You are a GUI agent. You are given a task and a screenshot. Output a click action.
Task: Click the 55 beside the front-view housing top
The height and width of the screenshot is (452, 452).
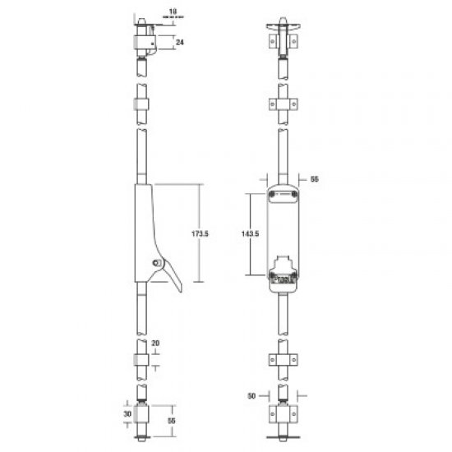313,178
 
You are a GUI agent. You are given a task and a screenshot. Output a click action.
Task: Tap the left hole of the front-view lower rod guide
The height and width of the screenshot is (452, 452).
273,359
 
